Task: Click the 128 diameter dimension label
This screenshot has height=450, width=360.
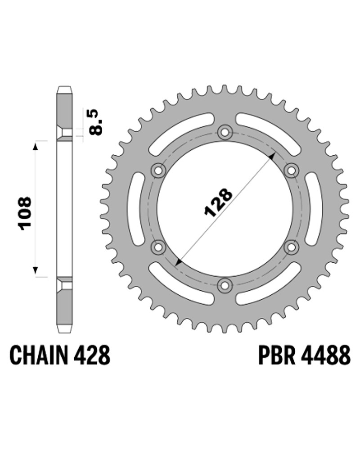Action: click(218, 202)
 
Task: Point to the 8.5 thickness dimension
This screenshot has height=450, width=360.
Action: click(96, 122)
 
